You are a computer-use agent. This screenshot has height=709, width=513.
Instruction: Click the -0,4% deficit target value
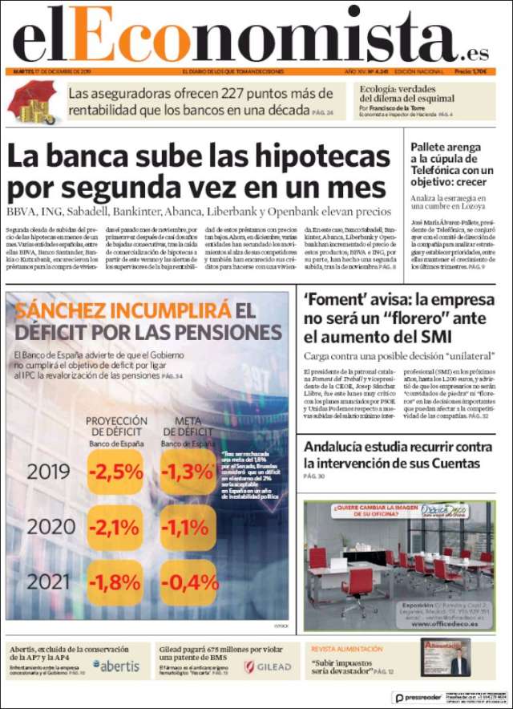coord(189,581)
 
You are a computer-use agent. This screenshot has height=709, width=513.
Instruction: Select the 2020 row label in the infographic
coord(48,527)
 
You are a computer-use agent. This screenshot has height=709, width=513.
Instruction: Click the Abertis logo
coord(116,666)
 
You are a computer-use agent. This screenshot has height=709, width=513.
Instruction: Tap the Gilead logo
coord(268,666)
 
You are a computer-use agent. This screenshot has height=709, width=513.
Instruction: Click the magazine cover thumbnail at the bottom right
coord(445,658)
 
